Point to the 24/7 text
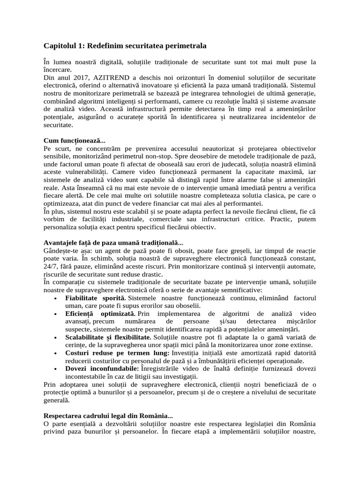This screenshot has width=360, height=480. [51, 266]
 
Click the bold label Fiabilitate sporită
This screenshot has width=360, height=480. [96, 298]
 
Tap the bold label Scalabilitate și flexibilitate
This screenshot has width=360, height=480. [108, 337]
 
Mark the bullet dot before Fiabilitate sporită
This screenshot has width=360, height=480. [56, 298]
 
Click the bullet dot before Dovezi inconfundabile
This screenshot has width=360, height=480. [56, 369]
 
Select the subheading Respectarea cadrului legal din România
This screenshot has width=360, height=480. [108, 415]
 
